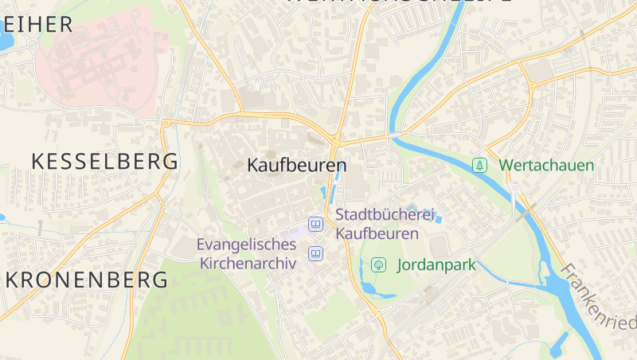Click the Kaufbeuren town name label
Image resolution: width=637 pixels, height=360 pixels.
(x=297, y=166)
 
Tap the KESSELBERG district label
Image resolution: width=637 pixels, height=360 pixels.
(x=104, y=162)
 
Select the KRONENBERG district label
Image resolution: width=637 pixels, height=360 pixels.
(x=88, y=280)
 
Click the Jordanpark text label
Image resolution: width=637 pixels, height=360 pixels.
(x=435, y=265)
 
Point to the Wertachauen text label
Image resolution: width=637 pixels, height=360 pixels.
(x=546, y=166)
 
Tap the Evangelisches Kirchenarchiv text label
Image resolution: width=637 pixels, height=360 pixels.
(x=248, y=253)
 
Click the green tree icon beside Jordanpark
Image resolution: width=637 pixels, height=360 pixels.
(x=379, y=264)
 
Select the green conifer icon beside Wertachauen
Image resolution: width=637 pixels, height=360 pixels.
(x=479, y=165)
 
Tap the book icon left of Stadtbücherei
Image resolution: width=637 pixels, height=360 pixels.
(x=316, y=225)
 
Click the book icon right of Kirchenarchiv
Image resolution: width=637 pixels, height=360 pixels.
(x=316, y=254)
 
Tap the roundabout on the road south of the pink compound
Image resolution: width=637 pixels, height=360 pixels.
(x=166, y=123)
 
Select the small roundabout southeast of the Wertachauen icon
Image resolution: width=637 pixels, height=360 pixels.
(x=515, y=188)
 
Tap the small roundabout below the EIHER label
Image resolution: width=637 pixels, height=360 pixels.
(x=33, y=45)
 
